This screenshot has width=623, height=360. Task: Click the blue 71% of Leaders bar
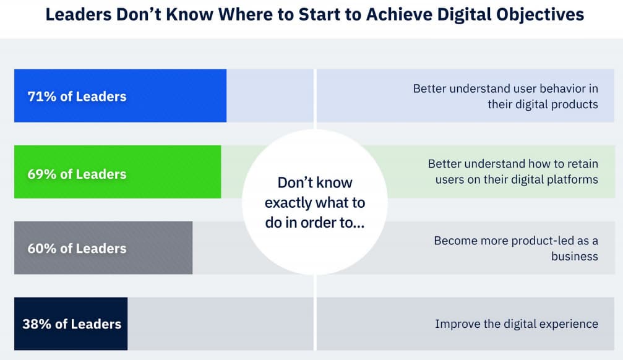(121, 96)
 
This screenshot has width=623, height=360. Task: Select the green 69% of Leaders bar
(118, 172)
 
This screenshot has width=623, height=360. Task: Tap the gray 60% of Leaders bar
(103, 247)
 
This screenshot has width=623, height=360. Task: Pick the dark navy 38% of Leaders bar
(71, 324)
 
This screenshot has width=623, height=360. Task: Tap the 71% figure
(41, 96)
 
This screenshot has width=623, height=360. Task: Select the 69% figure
(41, 174)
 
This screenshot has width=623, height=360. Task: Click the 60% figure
(41, 248)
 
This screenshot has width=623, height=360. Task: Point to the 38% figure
(37, 324)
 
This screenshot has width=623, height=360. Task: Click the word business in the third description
(575, 256)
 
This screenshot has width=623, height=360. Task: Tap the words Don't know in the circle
(315, 182)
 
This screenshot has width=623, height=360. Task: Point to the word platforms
(572, 179)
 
